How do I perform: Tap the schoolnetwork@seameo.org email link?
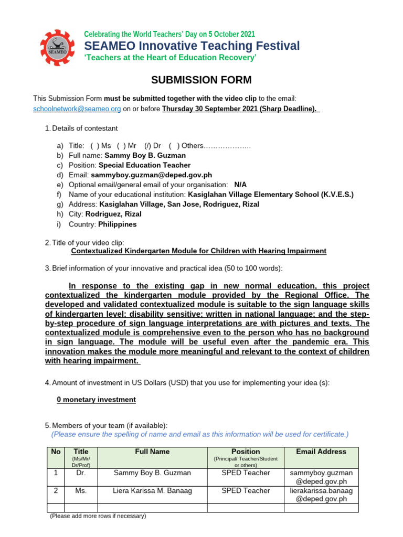click(x=77, y=109)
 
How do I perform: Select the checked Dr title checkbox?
click(x=134, y=145)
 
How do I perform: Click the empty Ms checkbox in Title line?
click(x=95, y=145)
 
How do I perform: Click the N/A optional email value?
click(x=240, y=185)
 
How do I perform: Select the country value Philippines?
click(x=113, y=224)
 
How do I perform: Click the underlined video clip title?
click(x=198, y=251)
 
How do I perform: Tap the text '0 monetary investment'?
click(x=96, y=400)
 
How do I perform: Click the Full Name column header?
click(x=152, y=452)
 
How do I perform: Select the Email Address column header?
click(x=321, y=452)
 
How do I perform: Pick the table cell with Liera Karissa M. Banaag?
click(x=152, y=491)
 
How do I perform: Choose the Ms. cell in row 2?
click(x=81, y=491)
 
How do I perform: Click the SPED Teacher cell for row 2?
click(x=246, y=491)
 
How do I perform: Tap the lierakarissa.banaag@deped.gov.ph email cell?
click(x=321, y=495)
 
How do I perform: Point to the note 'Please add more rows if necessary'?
click(x=98, y=516)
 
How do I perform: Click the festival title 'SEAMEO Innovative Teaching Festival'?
click(x=192, y=46)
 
